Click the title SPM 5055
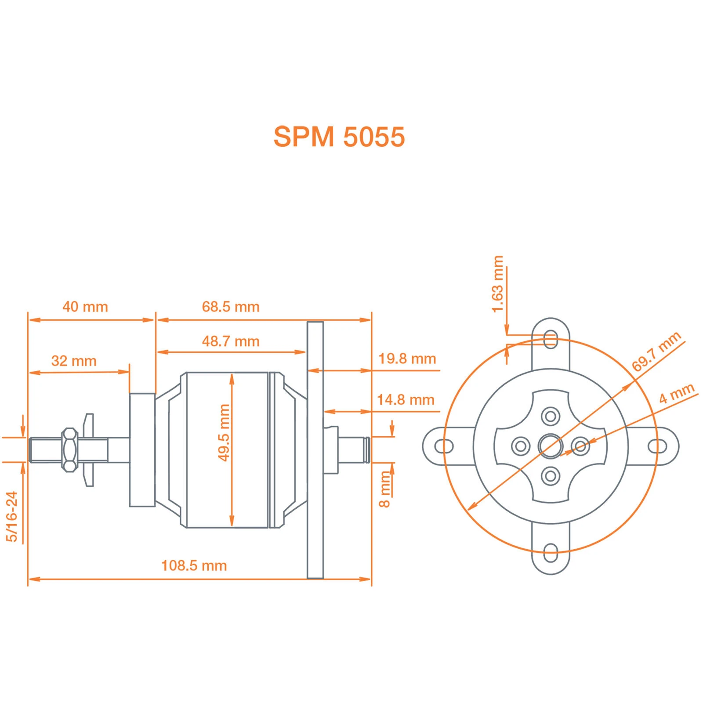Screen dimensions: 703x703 click(x=339, y=137)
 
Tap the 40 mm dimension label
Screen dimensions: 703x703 click(x=85, y=307)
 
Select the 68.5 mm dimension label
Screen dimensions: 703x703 click(x=231, y=307)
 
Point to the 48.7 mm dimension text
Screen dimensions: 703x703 click(x=231, y=341)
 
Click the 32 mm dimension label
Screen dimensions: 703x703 click(x=74, y=361)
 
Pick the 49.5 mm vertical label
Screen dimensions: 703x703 click(x=224, y=433)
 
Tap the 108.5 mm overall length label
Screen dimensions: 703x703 click(x=194, y=565)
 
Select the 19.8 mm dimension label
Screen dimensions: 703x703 click(x=407, y=359)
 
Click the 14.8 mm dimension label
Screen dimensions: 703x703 click(x=406, y=400)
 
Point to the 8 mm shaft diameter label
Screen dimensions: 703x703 click(x=385, y=489)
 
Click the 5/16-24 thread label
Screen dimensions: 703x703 click(x=12, y=516)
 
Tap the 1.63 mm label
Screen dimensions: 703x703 click(x=497, y=284)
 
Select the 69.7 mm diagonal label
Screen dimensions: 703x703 click(x=656, y=351)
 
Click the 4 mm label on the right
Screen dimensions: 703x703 click(x=676, y=393)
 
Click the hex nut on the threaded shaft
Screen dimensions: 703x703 click(x=69, y=450)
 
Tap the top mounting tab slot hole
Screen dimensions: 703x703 click(x=551, y=340)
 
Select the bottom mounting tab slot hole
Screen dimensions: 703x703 click(x=551, y=553)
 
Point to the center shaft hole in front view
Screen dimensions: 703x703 click(x=551, y=446)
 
